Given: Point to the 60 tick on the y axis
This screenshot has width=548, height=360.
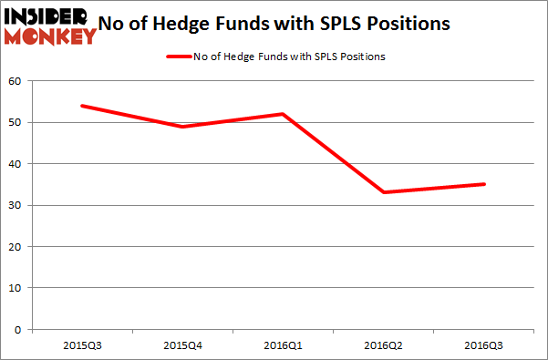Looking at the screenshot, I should (x=16, y=81).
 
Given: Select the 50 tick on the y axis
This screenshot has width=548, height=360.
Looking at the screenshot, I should (x=16, y=122).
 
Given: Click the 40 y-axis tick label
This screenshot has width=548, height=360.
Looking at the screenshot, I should (x=16, y=164).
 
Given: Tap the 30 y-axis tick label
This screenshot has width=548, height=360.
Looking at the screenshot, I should (x=16, y=205).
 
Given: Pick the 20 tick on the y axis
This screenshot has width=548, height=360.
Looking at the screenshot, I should (x=16, y=247).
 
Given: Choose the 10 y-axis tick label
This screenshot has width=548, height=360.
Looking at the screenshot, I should (x=16, y=288).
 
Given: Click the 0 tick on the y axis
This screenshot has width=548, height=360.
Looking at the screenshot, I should (x=19, y=330).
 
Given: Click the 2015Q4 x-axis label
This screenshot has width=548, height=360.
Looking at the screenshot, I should (x=182, y=346).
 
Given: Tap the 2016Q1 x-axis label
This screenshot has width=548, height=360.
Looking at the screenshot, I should (x=284, y=346).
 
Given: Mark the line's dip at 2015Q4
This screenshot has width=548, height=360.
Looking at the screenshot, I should (x=182, y=127).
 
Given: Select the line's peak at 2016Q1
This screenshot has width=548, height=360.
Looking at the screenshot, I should (x=284, y=114).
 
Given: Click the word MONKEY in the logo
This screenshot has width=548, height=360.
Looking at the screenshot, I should (x=51, y=36).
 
